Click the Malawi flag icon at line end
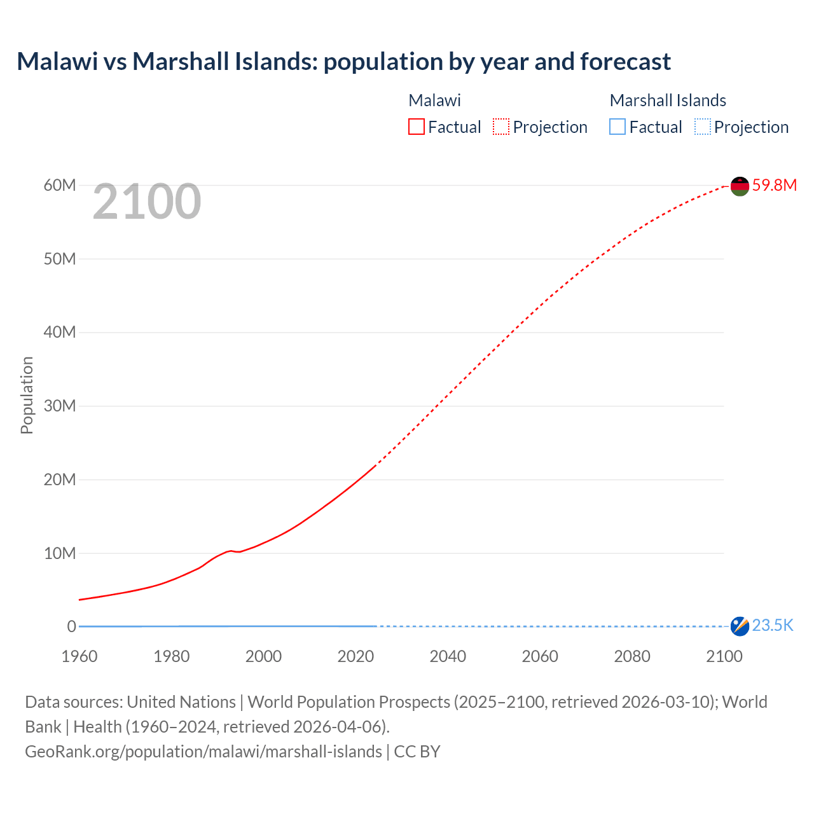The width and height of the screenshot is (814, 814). tap(740, 186)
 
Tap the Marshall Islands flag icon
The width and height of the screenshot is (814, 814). tap(740, 626)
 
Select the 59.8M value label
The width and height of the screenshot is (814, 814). tap(774, 185)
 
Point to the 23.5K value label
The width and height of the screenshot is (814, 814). tap(773, 626)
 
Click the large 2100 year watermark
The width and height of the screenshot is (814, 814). tap(147, 202)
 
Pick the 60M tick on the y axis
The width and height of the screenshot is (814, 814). tap(60, 185)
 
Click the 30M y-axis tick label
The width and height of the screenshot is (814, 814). tap(60, 406)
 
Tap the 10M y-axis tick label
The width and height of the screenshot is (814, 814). tap(60, 553)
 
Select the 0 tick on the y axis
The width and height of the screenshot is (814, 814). tap(71, 626)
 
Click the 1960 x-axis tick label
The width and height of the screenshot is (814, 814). tap(79, 656)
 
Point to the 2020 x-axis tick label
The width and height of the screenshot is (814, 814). tap(355, 656)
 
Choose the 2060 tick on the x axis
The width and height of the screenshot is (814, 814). tap(540, 656)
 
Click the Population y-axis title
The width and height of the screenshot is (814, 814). tap(27, 395)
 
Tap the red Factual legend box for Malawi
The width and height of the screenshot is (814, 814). tap(417, 127)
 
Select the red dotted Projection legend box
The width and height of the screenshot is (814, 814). tap(501, 127)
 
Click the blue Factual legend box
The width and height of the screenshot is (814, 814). tap(617, 127)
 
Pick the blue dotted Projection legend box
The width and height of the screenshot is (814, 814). tap(703, 127)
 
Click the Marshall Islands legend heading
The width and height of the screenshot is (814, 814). tap(668, 100)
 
